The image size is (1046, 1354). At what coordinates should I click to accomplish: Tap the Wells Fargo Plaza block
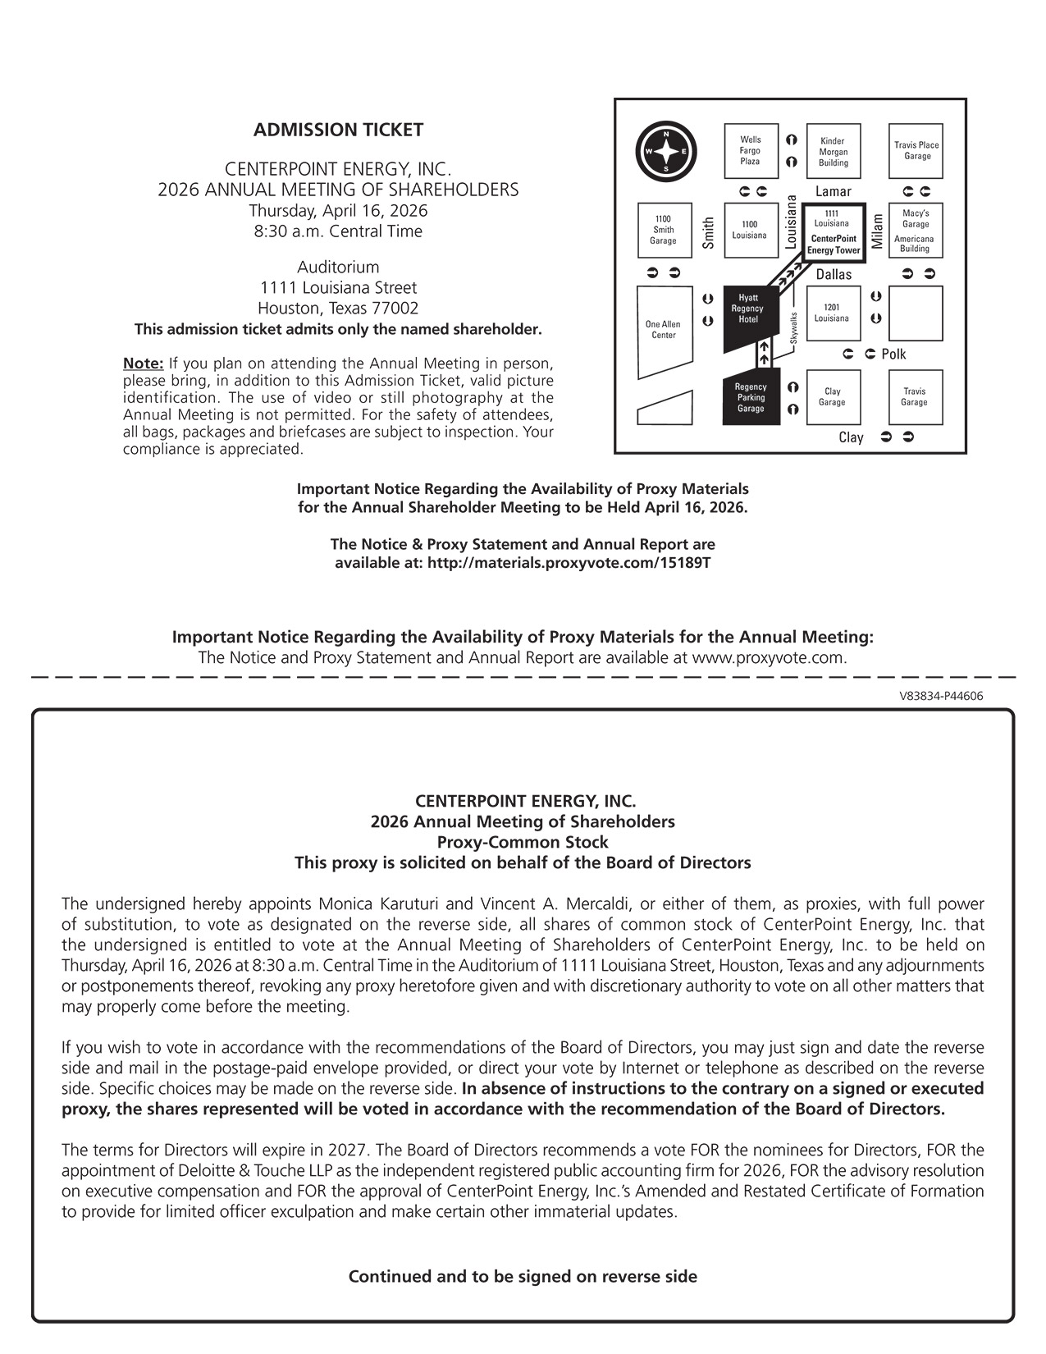(x=751, y=151)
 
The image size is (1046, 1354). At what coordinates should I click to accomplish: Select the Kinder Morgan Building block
(x=834, y=152)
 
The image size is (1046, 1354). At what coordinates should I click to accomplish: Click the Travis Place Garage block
(x=916, y=151)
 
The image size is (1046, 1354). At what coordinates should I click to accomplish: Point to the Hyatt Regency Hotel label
(x=747, y=309)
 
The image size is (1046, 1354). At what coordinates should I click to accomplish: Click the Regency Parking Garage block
(x=751, y=398)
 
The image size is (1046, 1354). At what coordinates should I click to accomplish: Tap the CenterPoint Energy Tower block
(x=833, y=233)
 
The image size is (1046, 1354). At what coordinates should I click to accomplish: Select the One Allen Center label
(x=663, y=330)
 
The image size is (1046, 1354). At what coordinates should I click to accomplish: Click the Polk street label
(x=893, y=355)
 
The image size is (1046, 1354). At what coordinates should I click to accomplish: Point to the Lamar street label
(x=834, y=191)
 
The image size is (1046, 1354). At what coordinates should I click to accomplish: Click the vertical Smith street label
(x=709, y=233)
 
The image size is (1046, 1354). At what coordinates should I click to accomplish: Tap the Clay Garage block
(x=833, y=397)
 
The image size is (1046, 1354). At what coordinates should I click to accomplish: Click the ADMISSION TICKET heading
(x=338, y=130)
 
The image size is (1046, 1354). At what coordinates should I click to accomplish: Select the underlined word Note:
(x=143, y=363)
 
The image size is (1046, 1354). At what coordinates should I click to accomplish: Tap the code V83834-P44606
(x=941, y=696)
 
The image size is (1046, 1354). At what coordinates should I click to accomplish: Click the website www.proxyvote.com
(x=768, y=658)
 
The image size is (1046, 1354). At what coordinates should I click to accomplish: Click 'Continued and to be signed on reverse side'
(x=523, y=1276)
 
